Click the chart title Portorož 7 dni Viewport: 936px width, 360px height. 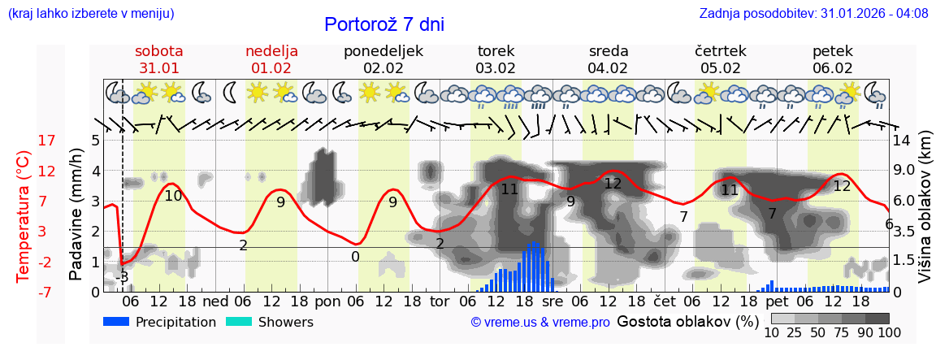click(x=383, y=24)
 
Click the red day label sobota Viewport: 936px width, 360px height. click(x=159, y=51)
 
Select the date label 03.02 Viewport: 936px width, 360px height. click(x=496, y=68)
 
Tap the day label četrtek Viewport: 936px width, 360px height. click(x=721, y=51)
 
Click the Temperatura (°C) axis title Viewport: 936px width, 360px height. click(x=24, y=216)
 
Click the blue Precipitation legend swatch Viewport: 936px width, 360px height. click(x=117, y=322)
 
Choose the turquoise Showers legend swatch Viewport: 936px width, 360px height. click(x=239, y=322)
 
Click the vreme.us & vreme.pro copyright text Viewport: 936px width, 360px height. click(x=540, y=323)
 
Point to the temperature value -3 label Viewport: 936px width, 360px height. click(x=122, y=276)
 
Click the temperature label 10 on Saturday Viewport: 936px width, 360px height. click(x=173, y=196)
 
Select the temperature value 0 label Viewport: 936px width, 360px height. click(x=356, y=257)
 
